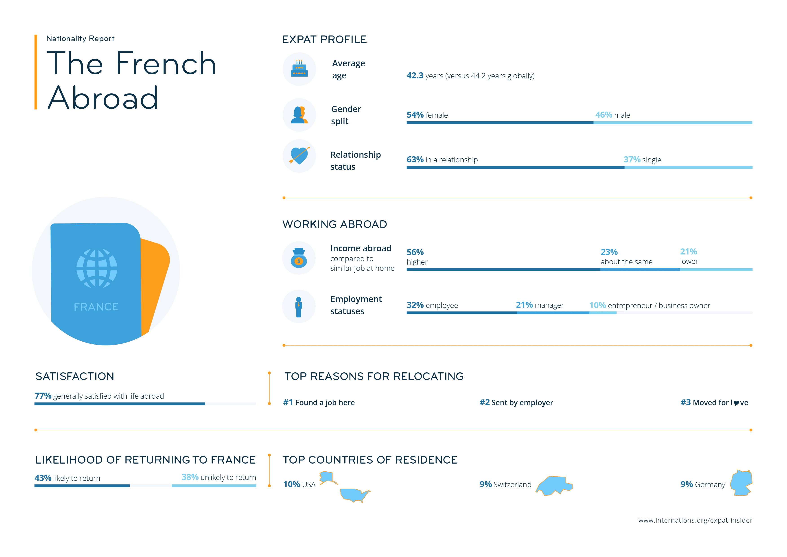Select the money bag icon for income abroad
coord(299,258)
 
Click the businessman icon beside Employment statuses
coord(299,307)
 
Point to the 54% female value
coord(415,115)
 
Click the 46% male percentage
coord(603,115)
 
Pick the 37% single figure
coord(632,160)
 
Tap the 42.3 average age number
coord(415,75)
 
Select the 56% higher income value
coord(415,252)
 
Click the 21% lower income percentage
coord(688,252)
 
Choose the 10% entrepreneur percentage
coord(597,305)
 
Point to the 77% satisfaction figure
coord(43,396)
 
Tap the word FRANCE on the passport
coord(96,307)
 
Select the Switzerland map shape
coord(554,485)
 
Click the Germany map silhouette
coord(741,483)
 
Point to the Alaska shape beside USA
coord(327,477)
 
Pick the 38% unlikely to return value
coord(190,477)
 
